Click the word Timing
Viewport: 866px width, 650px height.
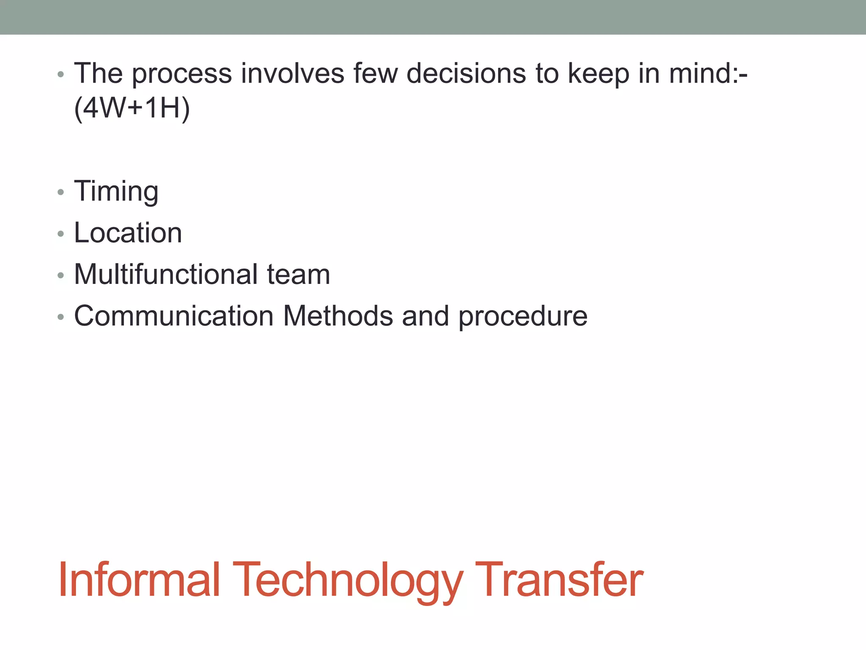[116, 191]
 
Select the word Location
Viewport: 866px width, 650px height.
[128, 233]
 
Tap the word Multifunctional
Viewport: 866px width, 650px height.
[166, 274]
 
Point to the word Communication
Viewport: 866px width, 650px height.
[174, 316]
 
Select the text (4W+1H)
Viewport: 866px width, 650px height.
[132, 108]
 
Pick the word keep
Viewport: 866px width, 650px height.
[598, 74]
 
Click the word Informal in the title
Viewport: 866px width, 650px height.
[139, 579]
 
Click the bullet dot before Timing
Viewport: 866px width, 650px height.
[61, 193]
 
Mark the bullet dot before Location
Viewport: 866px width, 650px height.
[61, 234]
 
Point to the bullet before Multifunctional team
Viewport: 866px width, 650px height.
[61, 275]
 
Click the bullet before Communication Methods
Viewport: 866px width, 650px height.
[61, 317]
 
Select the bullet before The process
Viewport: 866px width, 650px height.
[61, 75]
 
